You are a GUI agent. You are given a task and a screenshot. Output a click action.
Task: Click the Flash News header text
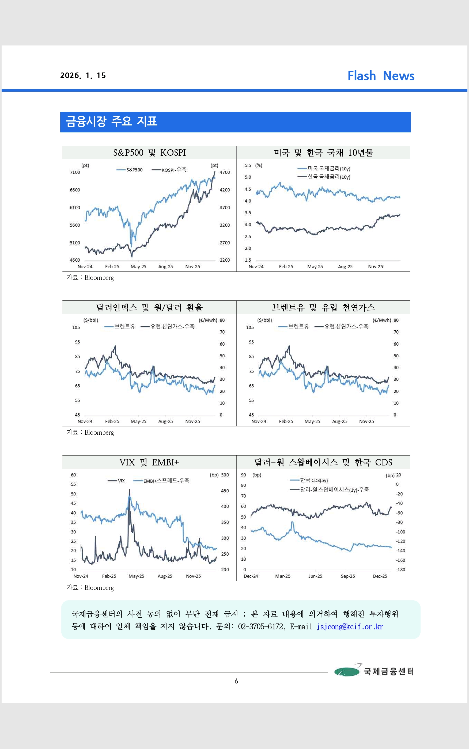pyautogui.click(x=381, y=76)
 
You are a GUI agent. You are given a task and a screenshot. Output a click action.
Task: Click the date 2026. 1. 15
pyautogui.click(x=83, y=76)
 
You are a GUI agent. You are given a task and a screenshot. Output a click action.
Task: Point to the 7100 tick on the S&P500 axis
pyautogui.click(x=75, y=172)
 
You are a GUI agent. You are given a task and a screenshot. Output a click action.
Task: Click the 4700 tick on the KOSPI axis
pyautogui.click(x=225, y=172)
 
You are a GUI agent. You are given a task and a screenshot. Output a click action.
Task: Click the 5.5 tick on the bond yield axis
pyautogui.click(x=248, y=166)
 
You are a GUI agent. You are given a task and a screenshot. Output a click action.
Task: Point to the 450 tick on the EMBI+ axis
pyautogui.click(x=225, y=491)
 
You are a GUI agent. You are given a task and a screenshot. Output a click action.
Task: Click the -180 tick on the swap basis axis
pyautogui.click(x=400, y=570)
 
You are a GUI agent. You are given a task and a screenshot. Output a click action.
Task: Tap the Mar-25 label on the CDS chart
pyautogui.click(x=283, y=576)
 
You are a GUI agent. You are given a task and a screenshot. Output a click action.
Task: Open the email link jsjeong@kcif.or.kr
pyautogui.click(x=350, y=626)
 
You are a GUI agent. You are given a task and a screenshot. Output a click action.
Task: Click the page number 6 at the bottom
pyautogui.click(x=236, y=681)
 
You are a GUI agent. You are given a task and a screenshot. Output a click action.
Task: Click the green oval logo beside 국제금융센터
pyautogui.click(x=346, y=671)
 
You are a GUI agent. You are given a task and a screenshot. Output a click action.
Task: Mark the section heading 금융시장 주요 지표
pyautogui.click(x=112, y=121)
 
